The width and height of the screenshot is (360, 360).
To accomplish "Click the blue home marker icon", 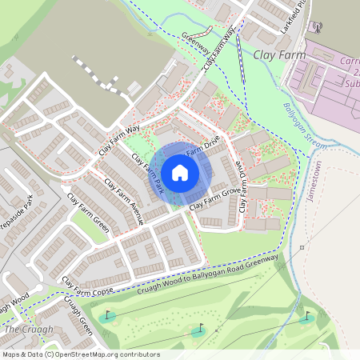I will (x=180, y=173).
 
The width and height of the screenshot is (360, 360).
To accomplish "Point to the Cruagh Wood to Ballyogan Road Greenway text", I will (x=212, y=277).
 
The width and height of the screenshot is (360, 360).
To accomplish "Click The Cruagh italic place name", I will (x=29, y=330).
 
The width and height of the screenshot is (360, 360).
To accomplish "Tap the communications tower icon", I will (x=318, y=28).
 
